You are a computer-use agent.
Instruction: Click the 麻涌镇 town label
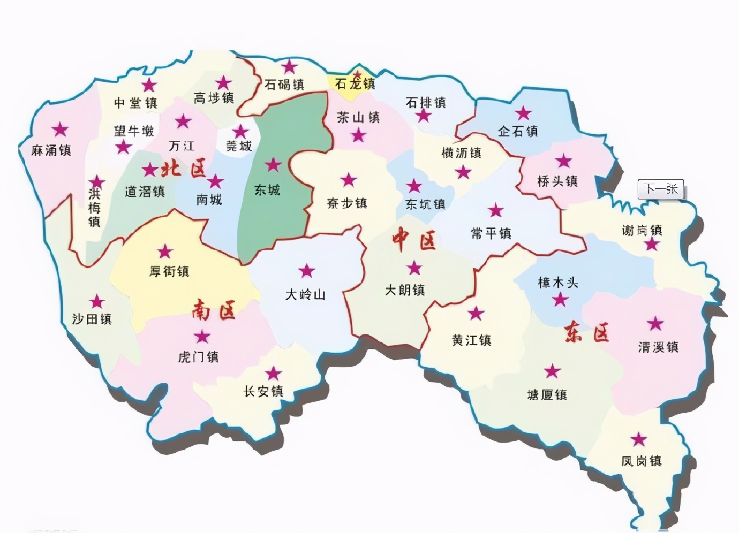coord(51,150)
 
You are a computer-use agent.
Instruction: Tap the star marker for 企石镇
coord(523,113)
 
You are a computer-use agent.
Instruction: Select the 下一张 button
coord(661,189)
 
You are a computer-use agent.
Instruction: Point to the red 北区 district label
coord(184,170)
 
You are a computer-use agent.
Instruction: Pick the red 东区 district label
coord(587,333)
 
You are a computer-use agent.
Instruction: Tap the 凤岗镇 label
coord(641,461)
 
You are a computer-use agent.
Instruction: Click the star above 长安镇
coord(274,373)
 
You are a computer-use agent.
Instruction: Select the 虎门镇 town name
coord(198,357)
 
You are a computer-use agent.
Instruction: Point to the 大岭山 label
coord(305,294)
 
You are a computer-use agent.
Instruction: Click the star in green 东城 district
coord(274,165)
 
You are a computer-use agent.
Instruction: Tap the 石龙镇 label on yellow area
coord(355,84)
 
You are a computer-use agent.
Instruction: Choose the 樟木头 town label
coord(558,283)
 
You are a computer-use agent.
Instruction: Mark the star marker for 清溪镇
coord(655,324)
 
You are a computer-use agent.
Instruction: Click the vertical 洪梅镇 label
coord(94,207)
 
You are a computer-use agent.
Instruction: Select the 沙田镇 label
coord(92,319)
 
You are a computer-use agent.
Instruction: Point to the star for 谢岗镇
coord(652,245)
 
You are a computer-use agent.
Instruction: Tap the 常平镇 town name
coord(491,233)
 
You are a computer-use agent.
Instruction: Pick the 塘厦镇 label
coord(547,395)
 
